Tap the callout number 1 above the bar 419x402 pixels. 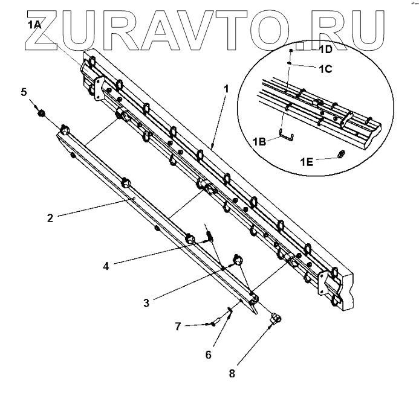[226, 88]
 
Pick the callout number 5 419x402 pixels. [24, 92]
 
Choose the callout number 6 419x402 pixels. [209, 354]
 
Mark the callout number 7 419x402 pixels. [178, 326]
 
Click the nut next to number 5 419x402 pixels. [42, 112]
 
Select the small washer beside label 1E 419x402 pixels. [340, 155]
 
